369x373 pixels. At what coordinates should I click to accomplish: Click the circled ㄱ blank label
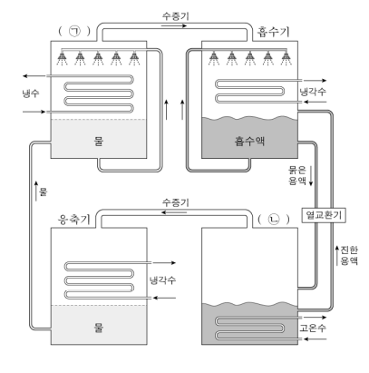click(74, 31)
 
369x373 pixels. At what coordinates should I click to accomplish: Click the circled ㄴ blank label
click(274, 220)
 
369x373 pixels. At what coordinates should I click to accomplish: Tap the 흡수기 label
click(274, 32)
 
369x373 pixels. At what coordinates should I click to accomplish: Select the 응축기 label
click(74, 220)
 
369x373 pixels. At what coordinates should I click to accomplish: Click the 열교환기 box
click(324, 215)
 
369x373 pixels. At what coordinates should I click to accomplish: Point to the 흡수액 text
click(249, 141)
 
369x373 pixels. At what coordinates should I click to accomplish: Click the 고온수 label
click(313, 328)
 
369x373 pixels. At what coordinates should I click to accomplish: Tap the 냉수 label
click(31, 93)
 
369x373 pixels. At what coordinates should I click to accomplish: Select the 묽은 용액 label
click(297, 175)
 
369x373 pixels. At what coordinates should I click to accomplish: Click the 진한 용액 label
click(349, 256)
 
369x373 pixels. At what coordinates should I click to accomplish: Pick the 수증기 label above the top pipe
click(176, 16)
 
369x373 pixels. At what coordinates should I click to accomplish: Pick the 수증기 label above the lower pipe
click(176, 202)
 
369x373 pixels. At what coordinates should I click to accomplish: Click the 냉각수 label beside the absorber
click(313, 92)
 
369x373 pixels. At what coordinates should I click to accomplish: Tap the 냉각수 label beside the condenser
click(163, 280)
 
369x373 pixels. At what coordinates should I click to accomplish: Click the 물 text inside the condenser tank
click(99, 328)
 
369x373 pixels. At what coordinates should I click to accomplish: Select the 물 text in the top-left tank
click(99, 141)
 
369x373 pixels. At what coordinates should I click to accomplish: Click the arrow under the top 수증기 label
click(174, 26)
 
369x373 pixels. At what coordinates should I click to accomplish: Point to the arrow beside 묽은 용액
click(311, 176)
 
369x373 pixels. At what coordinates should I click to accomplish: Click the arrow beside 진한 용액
click(337, 256)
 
